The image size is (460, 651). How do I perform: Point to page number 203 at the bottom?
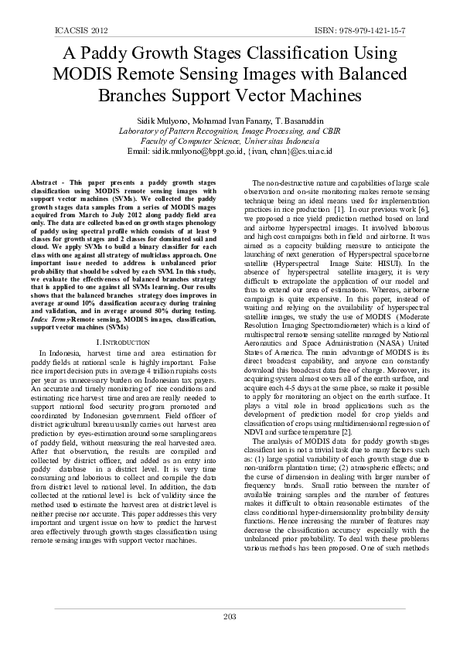(x=230, y=616)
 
